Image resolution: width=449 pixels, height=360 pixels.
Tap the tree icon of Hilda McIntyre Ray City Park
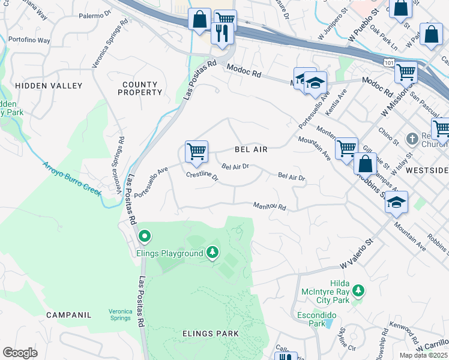click(358, 291)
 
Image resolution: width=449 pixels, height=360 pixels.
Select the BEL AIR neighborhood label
click(250, 149)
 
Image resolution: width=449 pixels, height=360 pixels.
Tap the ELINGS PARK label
click(210, 333)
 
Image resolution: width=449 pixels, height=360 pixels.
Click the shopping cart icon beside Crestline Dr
click(196, 151)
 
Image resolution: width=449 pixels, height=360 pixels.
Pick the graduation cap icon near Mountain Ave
click(396, 203)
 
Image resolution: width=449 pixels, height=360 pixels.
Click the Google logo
click(20, 352)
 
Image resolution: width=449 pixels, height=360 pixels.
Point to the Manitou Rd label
click(269, 206)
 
